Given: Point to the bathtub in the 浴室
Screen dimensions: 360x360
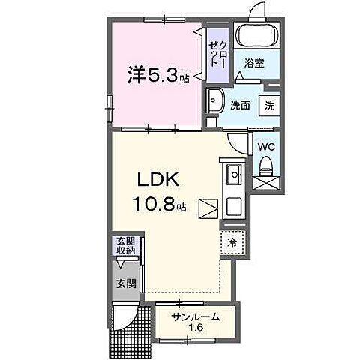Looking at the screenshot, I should coord(255,35).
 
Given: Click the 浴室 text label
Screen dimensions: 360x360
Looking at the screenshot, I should coord(254,64).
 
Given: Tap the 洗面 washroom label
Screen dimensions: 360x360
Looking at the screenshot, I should coord(240,105).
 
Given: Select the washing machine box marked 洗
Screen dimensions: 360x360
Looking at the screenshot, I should coord(268,105).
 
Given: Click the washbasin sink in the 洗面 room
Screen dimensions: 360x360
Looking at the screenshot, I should coord(214,100).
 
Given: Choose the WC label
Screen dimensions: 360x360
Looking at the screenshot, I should coord(267,148).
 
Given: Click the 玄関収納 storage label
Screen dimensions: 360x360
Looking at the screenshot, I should coord(124,246).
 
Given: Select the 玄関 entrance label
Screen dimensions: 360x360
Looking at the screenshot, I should coord(124,283).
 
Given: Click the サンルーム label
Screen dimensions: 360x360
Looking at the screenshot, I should coord(196,316).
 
